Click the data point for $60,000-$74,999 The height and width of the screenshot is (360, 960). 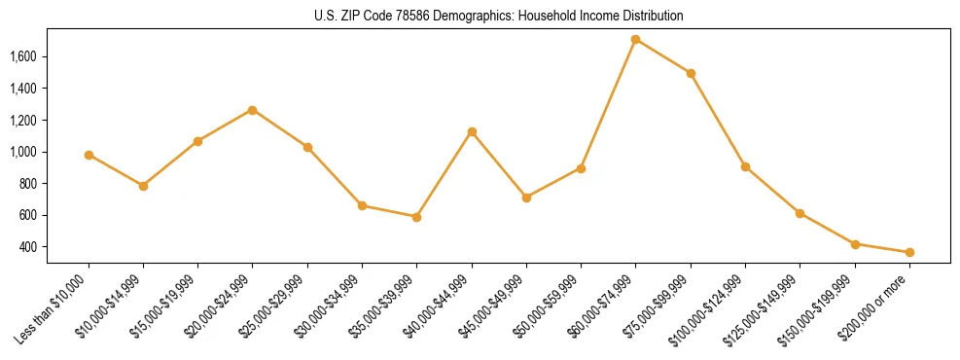point(635,40)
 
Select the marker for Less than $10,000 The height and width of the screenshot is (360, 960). point(89,155)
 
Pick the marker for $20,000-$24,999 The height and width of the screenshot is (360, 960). point(253,110)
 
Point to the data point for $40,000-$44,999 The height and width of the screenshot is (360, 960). point(472,131)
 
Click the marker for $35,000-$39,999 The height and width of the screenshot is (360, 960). point(416,217)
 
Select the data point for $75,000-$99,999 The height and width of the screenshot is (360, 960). point(691,73)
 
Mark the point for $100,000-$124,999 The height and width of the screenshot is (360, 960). point(745,166)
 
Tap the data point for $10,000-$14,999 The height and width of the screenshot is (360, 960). point(143,186)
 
